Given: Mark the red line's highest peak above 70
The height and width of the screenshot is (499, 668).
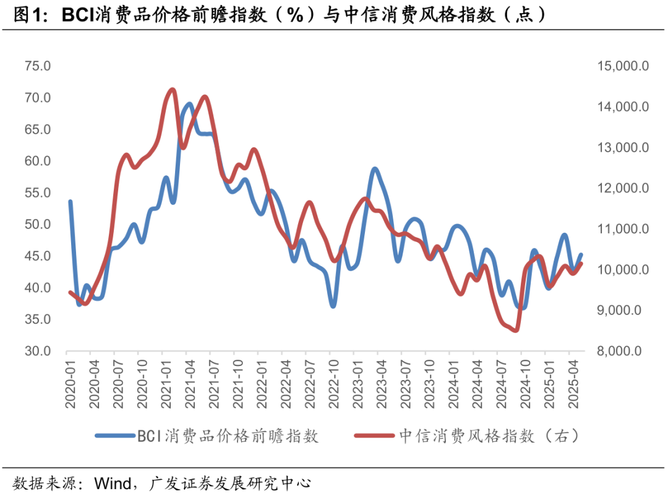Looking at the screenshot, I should pyautogui.click(x=172, y=90).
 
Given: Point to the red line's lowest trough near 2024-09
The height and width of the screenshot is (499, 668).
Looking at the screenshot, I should pyautogui.click(x=516, y=331).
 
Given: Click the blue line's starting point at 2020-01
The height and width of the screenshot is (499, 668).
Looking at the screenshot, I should pyautogui.click(x=70, y=202).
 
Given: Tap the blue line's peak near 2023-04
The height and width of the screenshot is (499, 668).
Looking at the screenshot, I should pyautogui.click(x=375, y=168).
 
